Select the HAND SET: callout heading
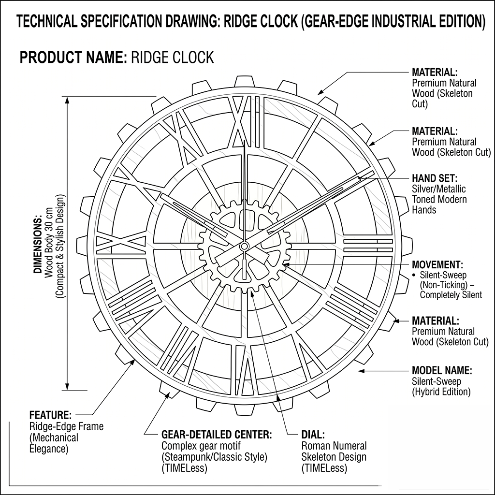coord(434,178)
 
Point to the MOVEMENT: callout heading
coord(437,265)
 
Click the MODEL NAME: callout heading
coord(441,371)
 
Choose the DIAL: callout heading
coord(313,435)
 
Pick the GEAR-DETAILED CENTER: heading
coord(216,435)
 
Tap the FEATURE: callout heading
coord(50,415)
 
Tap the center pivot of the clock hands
coord(244,247)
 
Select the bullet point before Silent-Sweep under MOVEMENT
coord(414,275)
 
